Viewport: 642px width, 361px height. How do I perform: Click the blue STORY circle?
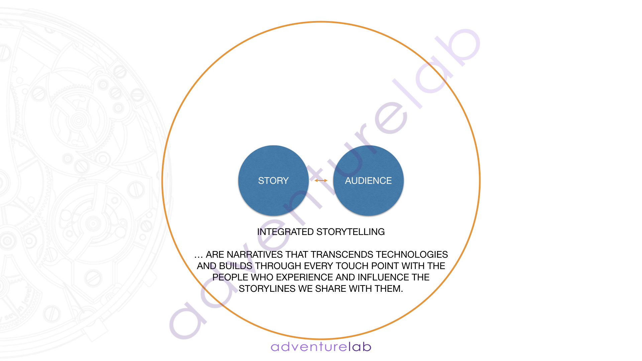(273, 180)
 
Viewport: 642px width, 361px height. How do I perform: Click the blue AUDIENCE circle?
(368, 180)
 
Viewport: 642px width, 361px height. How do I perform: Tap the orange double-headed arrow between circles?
(321, 180)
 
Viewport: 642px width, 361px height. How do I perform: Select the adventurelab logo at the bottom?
(321, 347)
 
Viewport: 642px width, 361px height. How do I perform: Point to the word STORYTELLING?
(350, 232)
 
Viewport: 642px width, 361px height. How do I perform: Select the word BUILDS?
(236, 266)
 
